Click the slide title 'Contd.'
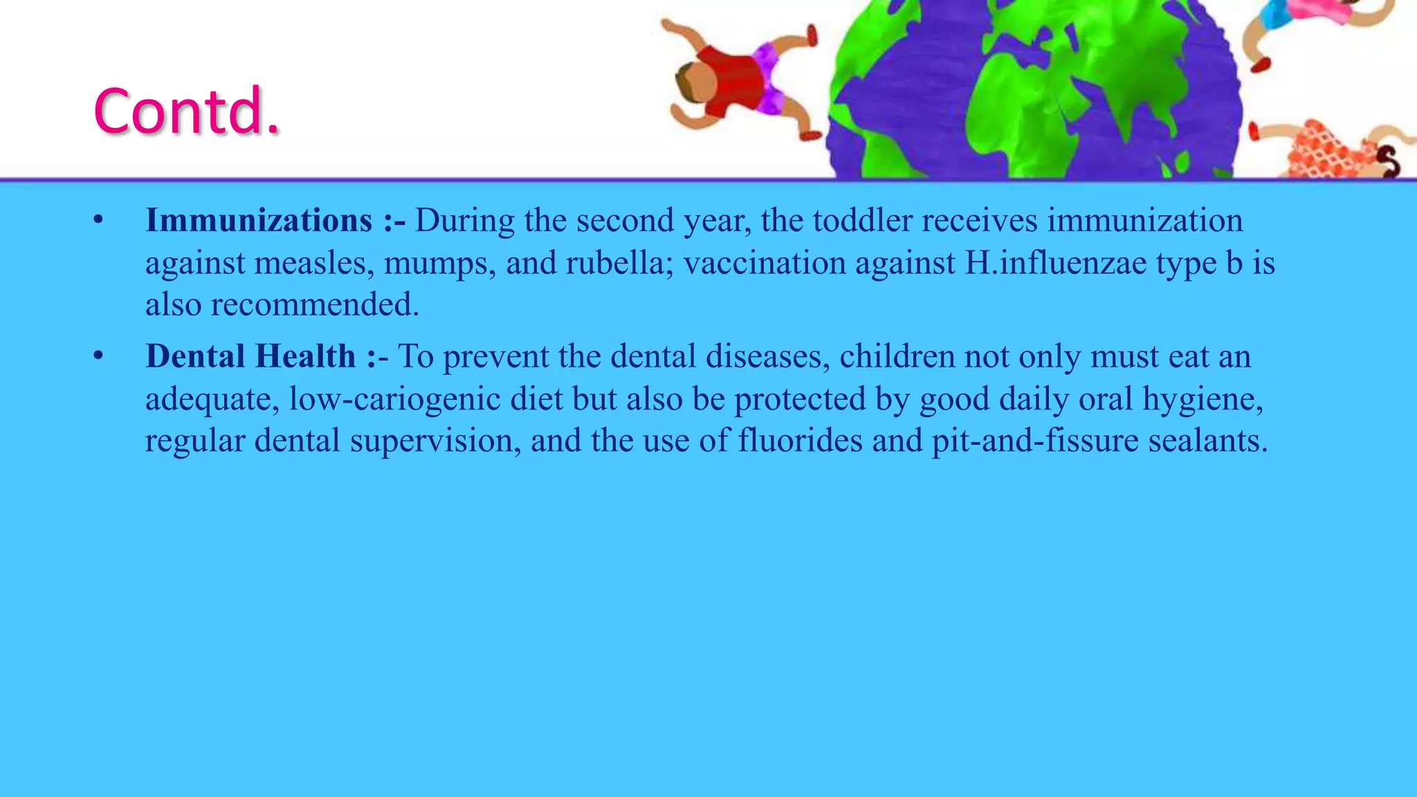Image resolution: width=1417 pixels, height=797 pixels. pyautogui.click(x=187, y=111)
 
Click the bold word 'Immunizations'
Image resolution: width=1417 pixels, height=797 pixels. pyautogui.click(x=259, y=221)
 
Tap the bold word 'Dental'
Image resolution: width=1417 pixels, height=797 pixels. pyautogui.click(x=195, y=357)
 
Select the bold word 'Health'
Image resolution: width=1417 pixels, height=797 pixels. pyautogui.click(x=305, y=357)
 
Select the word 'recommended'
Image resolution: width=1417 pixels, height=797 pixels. pyautogui.click(x=314, y=305)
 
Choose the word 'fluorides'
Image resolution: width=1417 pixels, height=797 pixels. pyautogui.click(x=800, y=441)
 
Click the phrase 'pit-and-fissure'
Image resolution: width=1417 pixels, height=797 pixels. pyautogui.click(x=1035, y=441)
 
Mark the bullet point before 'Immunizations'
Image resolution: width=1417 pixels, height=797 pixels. pyautogui.click(x=98, y=221)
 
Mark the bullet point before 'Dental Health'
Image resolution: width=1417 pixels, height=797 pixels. pyautogui.click(x=98, y=357)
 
